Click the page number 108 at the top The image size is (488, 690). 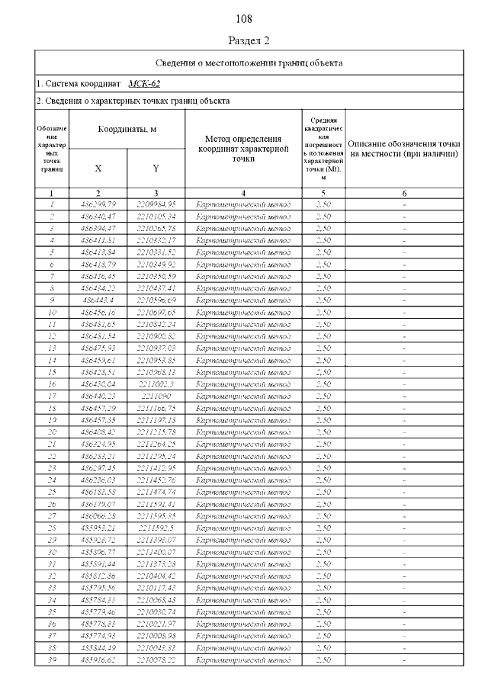pos(244,18)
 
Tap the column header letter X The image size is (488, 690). pos(98,168)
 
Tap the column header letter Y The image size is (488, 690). pos(156,168)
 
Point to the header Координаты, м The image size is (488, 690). pos(127,130)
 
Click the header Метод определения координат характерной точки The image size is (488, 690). pos(243,148)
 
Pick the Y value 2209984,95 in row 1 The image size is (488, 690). pos(156,204)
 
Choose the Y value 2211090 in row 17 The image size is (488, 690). pos(156,396)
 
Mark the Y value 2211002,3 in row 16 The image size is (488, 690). pos(156,384)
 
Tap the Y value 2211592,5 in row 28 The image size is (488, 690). pos(156,528)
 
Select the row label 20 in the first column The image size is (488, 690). pos(52,432)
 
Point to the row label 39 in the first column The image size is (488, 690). pos(52,660)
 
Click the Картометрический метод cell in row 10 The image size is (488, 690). pos(243,312)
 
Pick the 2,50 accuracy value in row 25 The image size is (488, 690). pos(323,492)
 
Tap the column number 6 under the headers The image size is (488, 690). pos(404,193)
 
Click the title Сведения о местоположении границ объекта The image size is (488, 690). pos(249,63)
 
